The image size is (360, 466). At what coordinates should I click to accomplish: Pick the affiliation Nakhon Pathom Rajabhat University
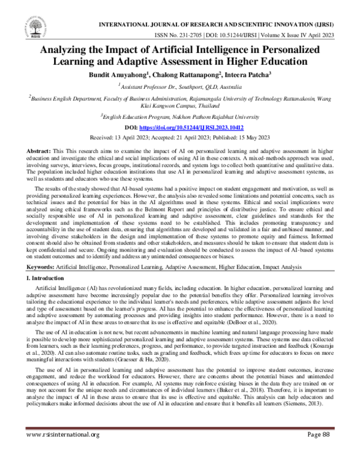(x=208, y=117)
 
